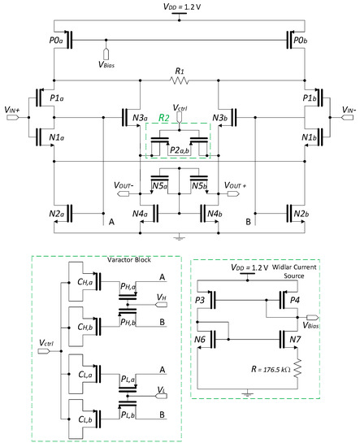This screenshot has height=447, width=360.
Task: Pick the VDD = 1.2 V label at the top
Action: click(x=180, y=7)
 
